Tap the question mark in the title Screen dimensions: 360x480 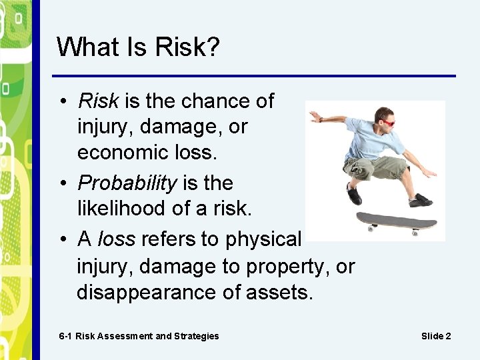point(211,47)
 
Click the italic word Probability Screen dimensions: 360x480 point(127,183)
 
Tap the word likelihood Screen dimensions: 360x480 point(121,209)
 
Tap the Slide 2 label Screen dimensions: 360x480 point(436,336)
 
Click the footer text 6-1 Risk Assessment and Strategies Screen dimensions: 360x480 point(139,336)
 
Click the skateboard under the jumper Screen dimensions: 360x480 point(396,221)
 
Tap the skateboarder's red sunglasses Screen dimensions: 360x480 point(386,122)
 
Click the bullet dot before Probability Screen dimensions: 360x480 point(61,183)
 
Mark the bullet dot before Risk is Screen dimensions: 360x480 point(61,101)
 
